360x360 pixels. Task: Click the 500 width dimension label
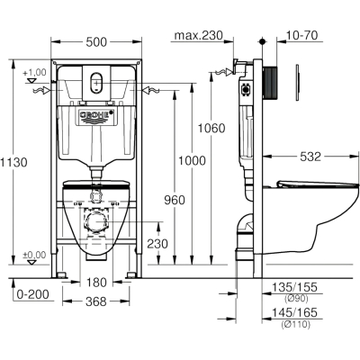(x=96, y=42)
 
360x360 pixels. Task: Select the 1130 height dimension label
(x=13, y=162)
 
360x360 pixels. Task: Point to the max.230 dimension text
(x=199, y=35)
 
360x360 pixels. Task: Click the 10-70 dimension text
(x=301, y=35)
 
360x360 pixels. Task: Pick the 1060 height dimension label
(x=211, y=128)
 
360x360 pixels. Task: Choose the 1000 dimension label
(x=193, y=161)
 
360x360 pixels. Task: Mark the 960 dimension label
(x=175, y=200)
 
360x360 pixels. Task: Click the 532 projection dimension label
(x=310, y=157)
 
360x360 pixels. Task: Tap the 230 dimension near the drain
(x=157, y=244)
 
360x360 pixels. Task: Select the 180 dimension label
(x=96, y=283)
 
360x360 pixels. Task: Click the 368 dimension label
(x=96, y=301)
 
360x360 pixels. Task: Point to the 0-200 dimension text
(x=32, y=294)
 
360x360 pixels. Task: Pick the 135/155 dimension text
(x=294, y=287)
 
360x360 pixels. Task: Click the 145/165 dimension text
(x=294, y=313)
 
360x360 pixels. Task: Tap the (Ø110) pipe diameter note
(x=295, y=324)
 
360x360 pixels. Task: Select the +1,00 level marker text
(x=34, y=72)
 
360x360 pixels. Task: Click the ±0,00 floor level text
(x=34, y=255)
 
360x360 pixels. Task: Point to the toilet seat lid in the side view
(x=318, y=184)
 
